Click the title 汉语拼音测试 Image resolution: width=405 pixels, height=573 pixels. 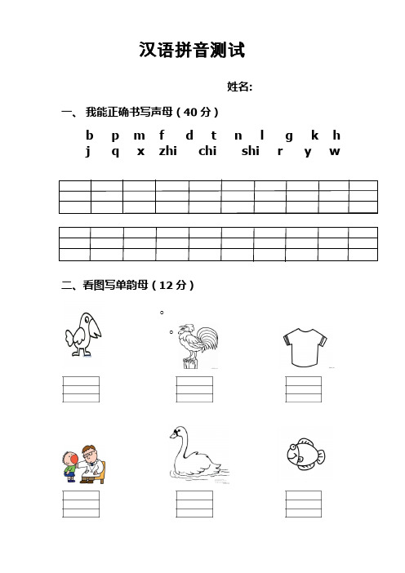(193, 51)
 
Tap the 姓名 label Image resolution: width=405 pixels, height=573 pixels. (239, 87)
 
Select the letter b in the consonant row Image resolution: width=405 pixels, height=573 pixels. (89, 135)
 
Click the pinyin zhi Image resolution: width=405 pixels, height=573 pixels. (168, 151)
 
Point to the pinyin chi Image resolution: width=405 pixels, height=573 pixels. (207, 151)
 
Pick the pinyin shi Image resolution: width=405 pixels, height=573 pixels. (251, 151)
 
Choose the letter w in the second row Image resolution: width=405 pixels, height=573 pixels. (335, 151)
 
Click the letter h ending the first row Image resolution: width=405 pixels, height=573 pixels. (337, 135)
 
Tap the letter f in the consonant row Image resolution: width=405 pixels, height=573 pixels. (162, 135)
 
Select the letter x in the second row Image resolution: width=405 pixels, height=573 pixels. (140, 151)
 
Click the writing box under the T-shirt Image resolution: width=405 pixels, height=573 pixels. (303, 389)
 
